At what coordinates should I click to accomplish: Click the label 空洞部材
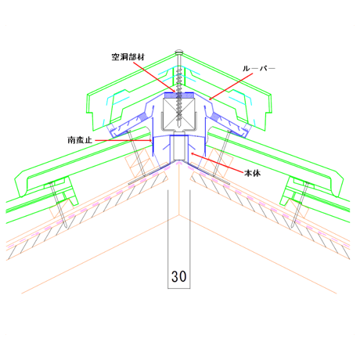[x=128, y=57]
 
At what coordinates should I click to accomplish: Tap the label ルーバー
[x=259, y=69]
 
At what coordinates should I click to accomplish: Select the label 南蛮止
[x=80, y=140]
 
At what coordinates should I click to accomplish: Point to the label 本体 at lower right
[x=252, y=173]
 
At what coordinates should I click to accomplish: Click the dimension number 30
[x=179, y=276]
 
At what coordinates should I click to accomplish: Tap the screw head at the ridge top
[x=179, y=52]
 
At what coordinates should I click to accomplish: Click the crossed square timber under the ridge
[x=179, y=113]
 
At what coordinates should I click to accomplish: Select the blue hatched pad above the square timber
[x=179, y=95]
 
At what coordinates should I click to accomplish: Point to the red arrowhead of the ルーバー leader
[x=211, y=99]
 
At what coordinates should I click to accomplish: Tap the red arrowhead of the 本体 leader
[x=193, y=154]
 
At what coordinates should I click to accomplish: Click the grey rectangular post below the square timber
[x=179, y=146]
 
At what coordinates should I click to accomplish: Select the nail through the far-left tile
[x=59, y=204]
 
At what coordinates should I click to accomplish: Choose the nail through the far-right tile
[x=300, y=204]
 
